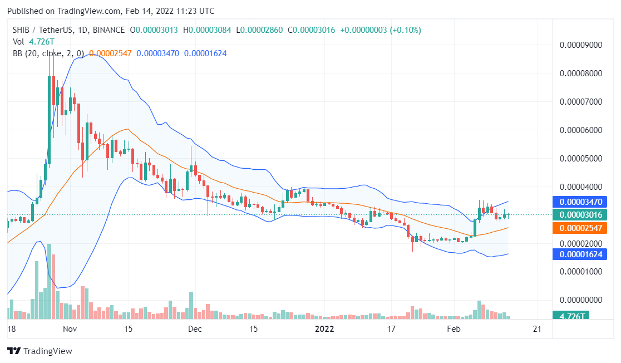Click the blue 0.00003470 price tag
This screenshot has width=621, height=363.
click(x=570, y=202)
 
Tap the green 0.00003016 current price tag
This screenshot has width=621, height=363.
click(x=570, y=215)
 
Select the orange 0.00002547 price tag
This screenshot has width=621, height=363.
click(x=570, y=228)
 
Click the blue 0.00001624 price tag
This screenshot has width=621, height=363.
click(x=570, y=254)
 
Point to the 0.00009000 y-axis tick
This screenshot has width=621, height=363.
click(x=580, y=45)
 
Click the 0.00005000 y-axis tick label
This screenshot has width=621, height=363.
click(x=580, y=158)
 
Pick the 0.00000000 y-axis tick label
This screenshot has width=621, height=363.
click(x=580, y=300)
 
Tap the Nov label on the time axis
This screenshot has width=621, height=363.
click(x=69, y=329)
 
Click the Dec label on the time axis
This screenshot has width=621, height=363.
click(x=194, y=329)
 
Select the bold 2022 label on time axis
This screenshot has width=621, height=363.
click(x=324, y=329)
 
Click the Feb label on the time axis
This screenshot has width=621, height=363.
click(x=454, y=329)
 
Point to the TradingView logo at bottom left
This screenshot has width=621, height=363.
click(x=40, y=351)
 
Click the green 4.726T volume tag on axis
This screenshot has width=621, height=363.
click(x=570, y=316)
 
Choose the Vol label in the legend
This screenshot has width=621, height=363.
click(x=18, y=41)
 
